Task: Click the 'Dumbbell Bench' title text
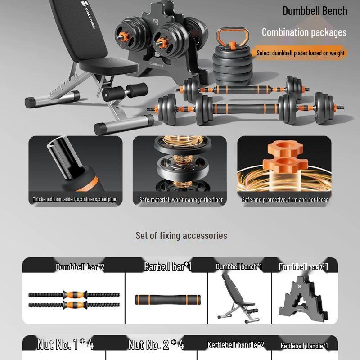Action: [x=315, y=11]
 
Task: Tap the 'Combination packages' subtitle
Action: [x=304, y=32]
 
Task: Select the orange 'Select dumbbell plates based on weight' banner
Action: [x=300, y=53]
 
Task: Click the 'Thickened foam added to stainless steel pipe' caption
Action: [x=77, y=199]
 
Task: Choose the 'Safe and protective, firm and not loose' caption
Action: [x=285, y=200]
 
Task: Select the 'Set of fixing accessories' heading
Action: [x=181, y=235]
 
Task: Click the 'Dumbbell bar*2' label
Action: [x=80, y=267]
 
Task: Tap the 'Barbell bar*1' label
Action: [x=167, y=266]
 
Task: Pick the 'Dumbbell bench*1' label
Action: [x=238, y=266]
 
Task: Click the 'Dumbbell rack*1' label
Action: [x=303, y=267]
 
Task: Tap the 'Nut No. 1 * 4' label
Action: [x=65, y=345]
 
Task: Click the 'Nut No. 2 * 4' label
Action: [x=156, y=345]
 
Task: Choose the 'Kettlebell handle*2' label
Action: [x=235, y=345]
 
